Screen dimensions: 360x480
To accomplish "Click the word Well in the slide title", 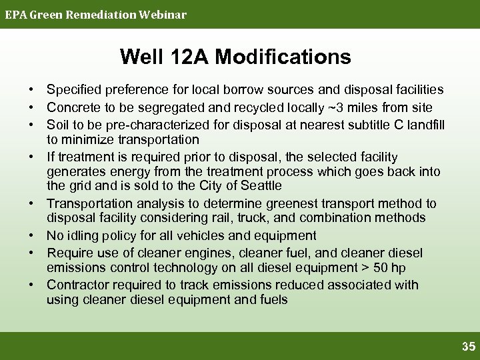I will pyautogui.click(x=141, y=57).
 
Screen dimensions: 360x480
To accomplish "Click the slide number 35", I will pyautogui.click(x=469, y=347).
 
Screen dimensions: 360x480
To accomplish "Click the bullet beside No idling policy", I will pyautogui.click(x=31, y=235).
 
